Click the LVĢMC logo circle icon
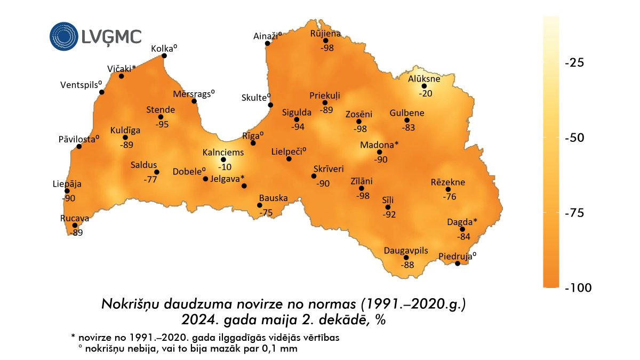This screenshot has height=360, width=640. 64,36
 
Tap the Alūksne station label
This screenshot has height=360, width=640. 424,79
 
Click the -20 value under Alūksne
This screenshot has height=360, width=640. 425,93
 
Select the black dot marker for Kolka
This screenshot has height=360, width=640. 164,56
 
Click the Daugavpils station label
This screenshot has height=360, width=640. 406,250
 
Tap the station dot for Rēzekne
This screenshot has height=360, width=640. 448,189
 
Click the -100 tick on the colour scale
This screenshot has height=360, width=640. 577,288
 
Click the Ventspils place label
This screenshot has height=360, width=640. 81,85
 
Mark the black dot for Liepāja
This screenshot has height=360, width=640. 67,191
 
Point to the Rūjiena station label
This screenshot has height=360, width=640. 326,34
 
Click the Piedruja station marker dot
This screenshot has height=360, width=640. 457,263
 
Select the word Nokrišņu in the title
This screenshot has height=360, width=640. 126,305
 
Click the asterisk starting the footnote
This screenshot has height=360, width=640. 72,338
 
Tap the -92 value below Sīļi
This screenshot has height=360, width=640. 389,214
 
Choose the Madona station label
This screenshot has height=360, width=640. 379,145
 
